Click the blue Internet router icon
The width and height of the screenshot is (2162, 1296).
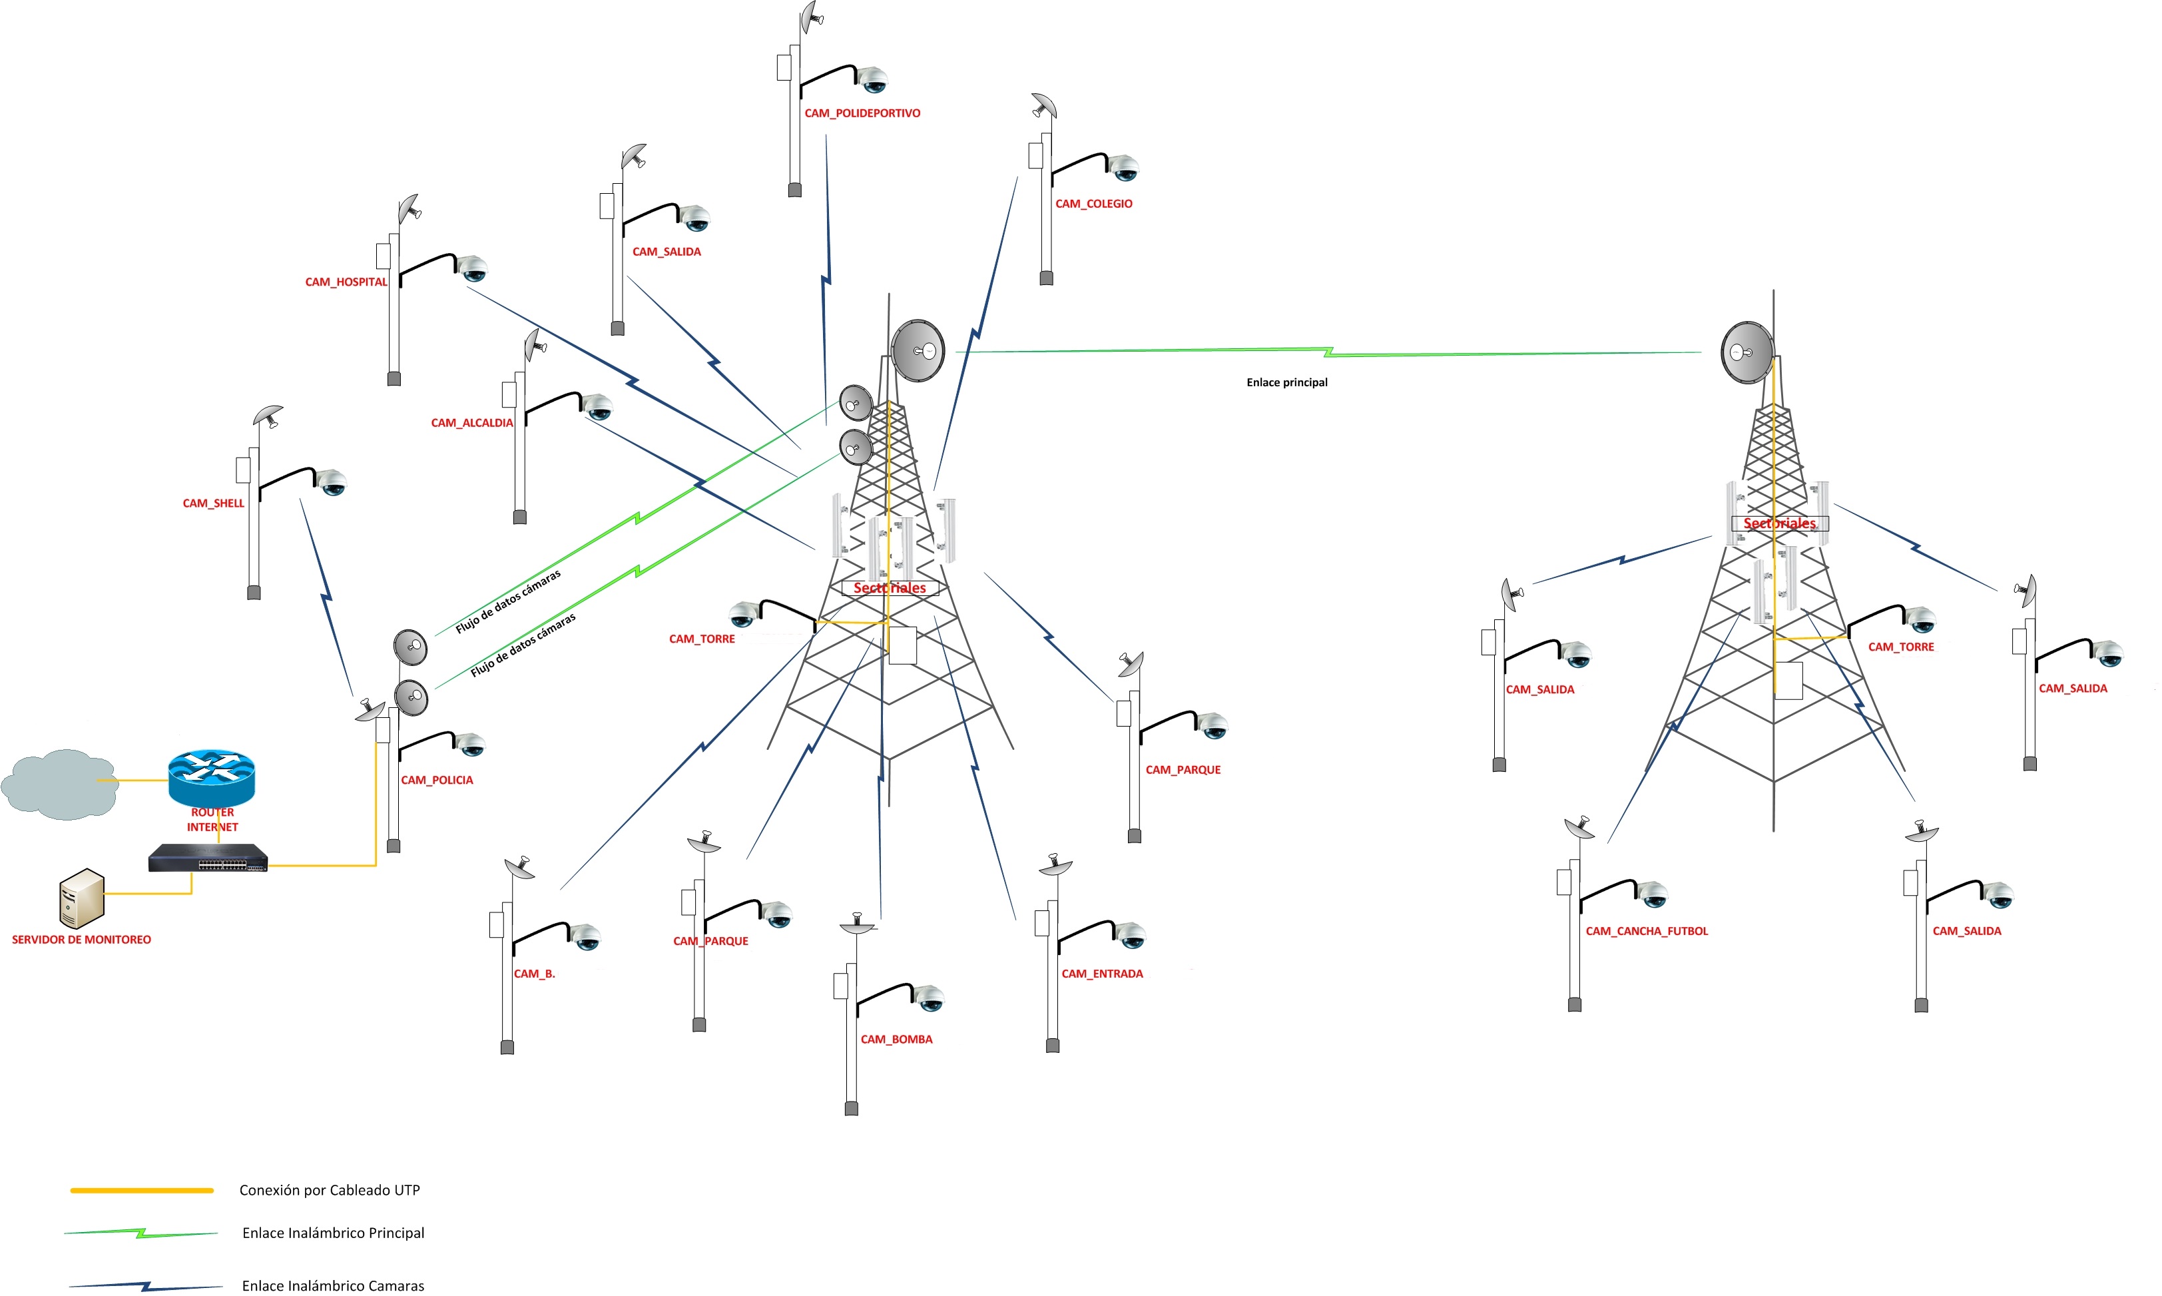(211, 777)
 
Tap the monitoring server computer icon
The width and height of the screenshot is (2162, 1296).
(82, 898)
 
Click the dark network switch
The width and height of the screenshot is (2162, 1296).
(208, 858)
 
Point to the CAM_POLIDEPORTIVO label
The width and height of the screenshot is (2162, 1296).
(862, 113)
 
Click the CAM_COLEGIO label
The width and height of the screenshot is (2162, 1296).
(1093, 204)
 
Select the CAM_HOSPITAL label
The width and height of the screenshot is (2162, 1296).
(346, 282)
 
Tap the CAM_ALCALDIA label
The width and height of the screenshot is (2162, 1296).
(471, 424)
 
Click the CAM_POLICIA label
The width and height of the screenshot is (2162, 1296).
(437, 781)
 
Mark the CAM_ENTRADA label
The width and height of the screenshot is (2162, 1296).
(1102, 974)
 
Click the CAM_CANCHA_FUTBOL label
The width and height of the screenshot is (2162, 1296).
(1646, 932)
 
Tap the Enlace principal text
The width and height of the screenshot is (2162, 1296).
(1286, 382)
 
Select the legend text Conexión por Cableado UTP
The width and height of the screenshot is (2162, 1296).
(329, 1190)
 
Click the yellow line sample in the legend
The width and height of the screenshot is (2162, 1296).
(141, 1190)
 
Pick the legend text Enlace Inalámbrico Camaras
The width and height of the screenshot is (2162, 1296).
(333, 1285)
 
